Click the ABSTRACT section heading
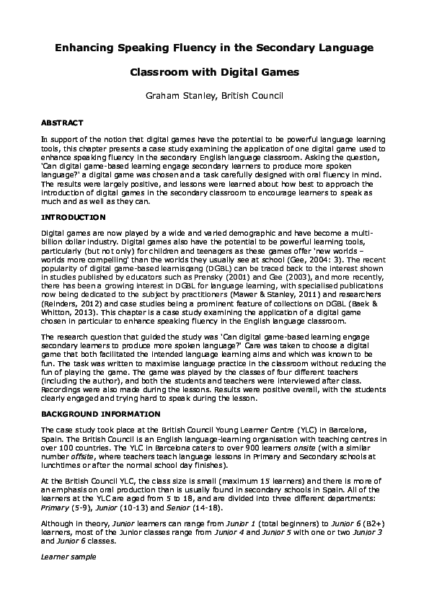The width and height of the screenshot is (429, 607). pos(62,123)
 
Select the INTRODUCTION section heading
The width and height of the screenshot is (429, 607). pos(73,217)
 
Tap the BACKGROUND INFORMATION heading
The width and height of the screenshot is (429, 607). pos(100,415)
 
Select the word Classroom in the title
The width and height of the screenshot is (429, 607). pos(160,73)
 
